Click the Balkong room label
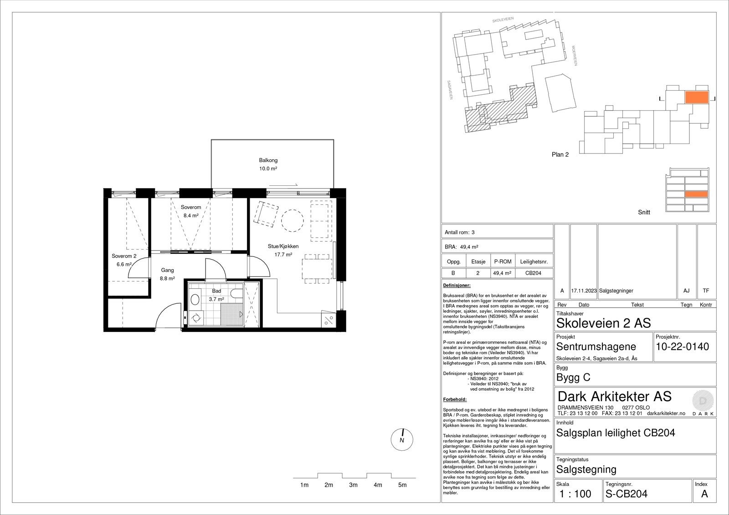point(268,160)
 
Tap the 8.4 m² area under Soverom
point(191,216)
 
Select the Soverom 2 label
point(124,256)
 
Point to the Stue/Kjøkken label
point(280,246)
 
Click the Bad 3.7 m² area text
point(216,299)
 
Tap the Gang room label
point(167,270)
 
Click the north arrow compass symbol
point(402,440)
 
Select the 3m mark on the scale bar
point(353,485)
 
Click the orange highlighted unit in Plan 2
point(697,97)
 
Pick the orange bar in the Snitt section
point(696,194)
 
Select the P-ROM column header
point(502,262)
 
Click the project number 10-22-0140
point(682,347)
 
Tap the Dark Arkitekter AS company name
point(614,396)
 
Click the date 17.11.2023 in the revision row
point(584,291)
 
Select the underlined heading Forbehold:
point(454,399)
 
